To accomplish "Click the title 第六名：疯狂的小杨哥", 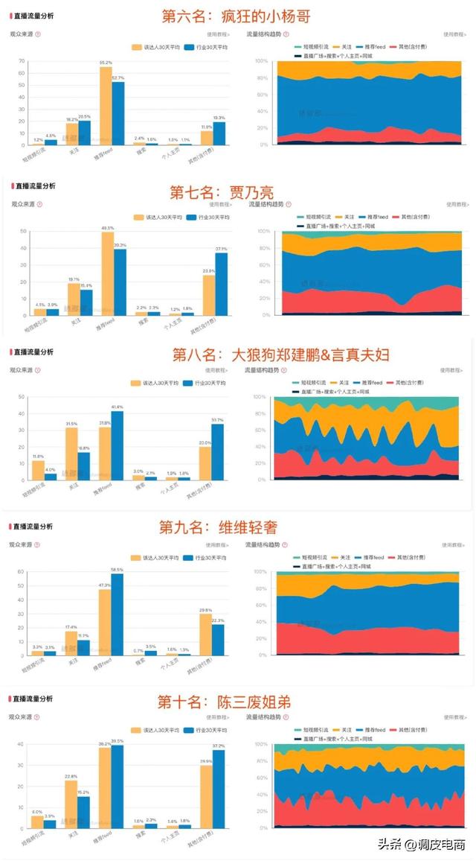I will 237,16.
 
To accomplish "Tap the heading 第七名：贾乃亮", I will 222,192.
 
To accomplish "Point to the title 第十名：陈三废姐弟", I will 223,702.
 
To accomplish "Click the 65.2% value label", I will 106,63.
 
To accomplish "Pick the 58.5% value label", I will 118,570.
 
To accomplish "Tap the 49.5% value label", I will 107,228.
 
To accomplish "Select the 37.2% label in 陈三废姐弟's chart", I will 218,746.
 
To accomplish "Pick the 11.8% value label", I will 38,457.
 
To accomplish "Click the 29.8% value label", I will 206,609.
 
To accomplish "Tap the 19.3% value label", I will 219,118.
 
